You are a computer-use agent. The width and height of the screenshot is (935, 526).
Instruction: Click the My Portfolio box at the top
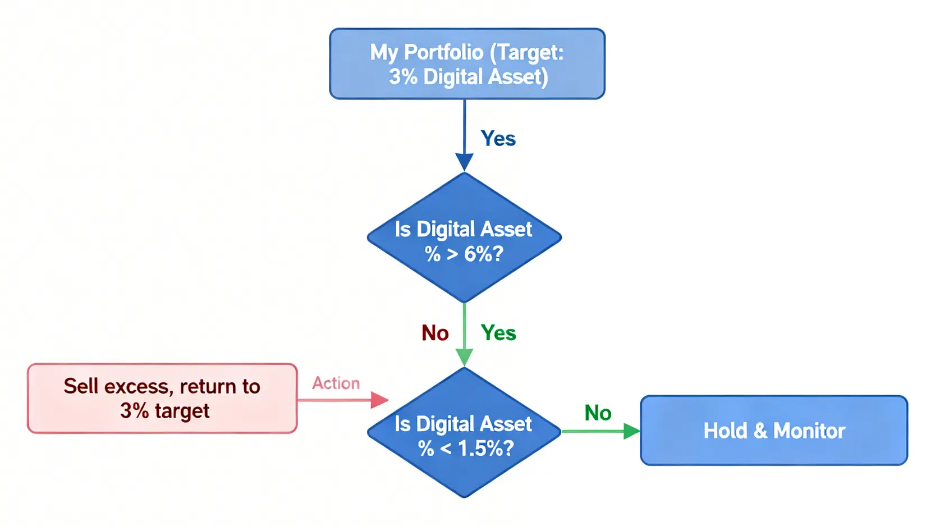pos(467,64)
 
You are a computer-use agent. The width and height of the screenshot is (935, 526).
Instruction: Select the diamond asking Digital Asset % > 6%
pos(464,237)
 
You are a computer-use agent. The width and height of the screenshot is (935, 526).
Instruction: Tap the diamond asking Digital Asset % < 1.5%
pos(464,432)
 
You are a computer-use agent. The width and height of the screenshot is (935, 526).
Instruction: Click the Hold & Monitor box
pos(774,431)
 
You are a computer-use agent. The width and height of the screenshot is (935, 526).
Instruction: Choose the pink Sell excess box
pos(162,398)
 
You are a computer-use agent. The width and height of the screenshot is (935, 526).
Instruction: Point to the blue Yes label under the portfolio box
pos(498,138)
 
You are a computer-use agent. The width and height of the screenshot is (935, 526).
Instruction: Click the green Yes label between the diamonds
pos(498,333)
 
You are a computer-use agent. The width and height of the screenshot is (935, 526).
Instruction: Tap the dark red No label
pos(435,333)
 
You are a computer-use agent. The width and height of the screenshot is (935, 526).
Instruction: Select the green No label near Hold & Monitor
pos(598,413)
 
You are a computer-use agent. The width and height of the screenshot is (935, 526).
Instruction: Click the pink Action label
pos(336,383)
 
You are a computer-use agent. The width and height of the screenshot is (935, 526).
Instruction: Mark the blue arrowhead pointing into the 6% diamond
pos(464,162)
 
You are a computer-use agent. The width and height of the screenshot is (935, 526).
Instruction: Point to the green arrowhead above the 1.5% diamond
pos(464,358)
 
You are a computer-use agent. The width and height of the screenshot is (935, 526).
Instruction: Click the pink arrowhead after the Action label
pos(379,400)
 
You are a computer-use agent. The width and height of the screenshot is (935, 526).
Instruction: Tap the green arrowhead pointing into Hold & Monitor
pos(632,431)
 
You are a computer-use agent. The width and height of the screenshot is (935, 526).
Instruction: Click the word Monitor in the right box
pos(809,431)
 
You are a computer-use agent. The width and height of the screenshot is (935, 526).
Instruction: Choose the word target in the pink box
pos(182,411)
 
